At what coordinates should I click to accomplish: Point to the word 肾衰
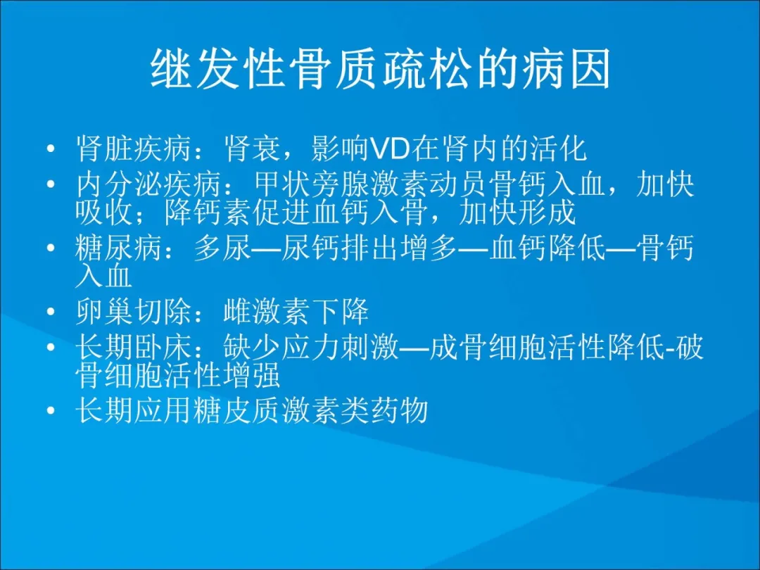pos(251,148)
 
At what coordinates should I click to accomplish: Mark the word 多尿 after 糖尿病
pos(222,248)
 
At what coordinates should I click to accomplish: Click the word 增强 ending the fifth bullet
pos(251,374)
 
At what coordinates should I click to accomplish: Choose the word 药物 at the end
pos(400,410)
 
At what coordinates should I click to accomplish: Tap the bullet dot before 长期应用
pos(51,410)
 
